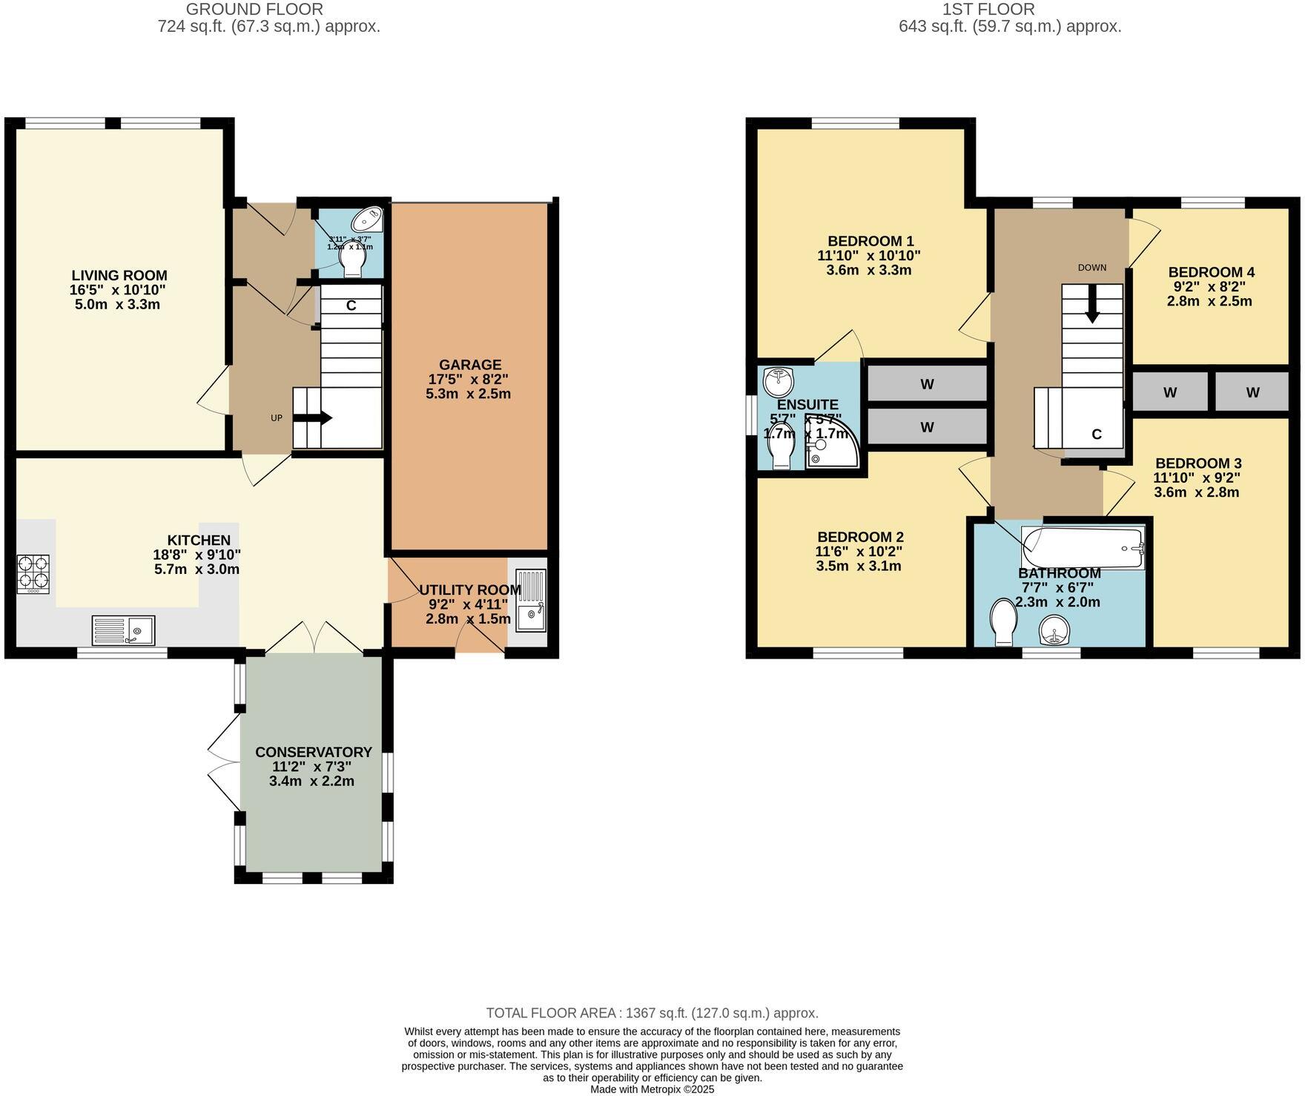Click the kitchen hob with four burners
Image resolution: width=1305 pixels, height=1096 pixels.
tap(33, 573)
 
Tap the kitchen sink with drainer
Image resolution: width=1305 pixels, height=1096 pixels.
tap(123, 630)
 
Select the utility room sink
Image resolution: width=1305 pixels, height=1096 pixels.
tap(530, 601)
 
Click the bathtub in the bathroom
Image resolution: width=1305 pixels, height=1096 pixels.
tap(1083, 549)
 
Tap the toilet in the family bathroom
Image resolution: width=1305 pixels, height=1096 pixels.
tap(1005, 622)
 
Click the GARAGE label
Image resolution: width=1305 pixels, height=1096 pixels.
tap(470, 365)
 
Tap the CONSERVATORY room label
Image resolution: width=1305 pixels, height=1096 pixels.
tap(313, 752)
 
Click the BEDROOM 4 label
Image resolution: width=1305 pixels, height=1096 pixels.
tap(1211, 272)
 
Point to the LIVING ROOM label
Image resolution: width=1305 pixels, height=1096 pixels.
tap(119, 276)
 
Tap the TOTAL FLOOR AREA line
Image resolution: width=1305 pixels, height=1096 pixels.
tap(652, 1013)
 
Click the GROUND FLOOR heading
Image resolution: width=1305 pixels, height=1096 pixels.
tap(254, 10)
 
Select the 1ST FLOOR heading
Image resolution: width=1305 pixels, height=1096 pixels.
tap(988, 10)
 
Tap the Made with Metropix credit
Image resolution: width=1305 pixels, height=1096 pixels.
tap(652, 1089)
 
